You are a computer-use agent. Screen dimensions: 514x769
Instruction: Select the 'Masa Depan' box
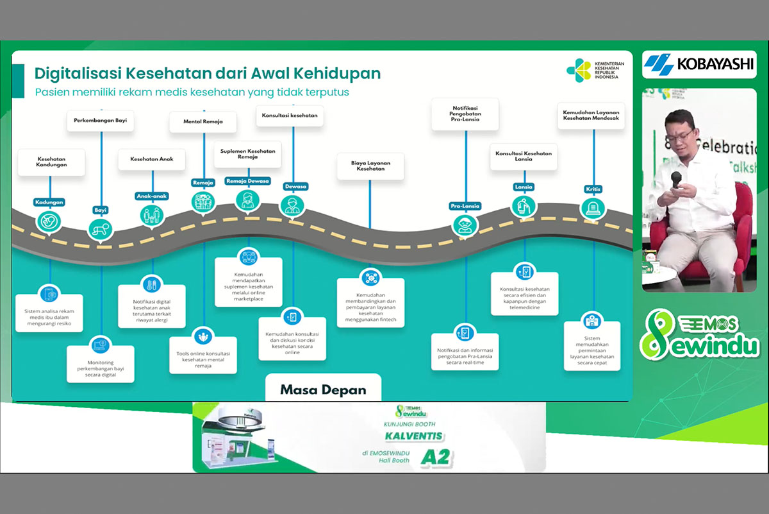click(x=323, y=388)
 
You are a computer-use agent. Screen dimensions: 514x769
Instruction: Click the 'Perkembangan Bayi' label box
click(x=101, y=121)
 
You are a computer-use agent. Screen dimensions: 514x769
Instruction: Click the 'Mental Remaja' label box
click(x=202, y=121)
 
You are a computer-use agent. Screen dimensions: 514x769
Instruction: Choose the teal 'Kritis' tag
click(x=593, y=189)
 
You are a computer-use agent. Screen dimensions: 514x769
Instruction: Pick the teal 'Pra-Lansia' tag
click(x=465, y=206)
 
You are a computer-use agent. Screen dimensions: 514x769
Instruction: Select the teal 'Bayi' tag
click(x=101, y=209)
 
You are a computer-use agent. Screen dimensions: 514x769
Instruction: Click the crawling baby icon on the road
click(x=101, y=228)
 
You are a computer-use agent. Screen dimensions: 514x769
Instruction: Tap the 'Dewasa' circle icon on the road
click(x=292, y=205)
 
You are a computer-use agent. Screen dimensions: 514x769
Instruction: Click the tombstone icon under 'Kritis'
click(x=593, y=208)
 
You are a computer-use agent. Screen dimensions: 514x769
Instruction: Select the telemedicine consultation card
click(x=525, y=293)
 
